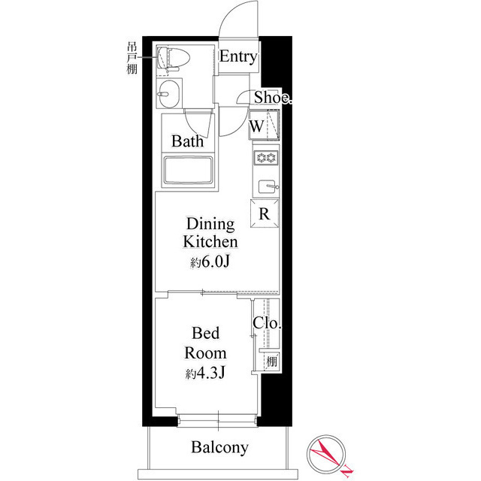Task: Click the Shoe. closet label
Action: pyautogui.click(x=271, y=98)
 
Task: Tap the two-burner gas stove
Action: pyautogui.click(x=265, y=158)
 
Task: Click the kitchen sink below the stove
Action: pyautogui.click(x=266, y=186)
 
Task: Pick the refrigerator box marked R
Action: pyautogui.click(x=265, y=213)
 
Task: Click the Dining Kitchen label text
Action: pyautogui.click(x=210, y=233)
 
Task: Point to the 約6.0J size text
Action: pyautogui.click(x=210, y=264)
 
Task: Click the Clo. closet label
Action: pyautogui.click(x=267, y=324)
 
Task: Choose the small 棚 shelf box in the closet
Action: pyautogui.click(x=270, y=362)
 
